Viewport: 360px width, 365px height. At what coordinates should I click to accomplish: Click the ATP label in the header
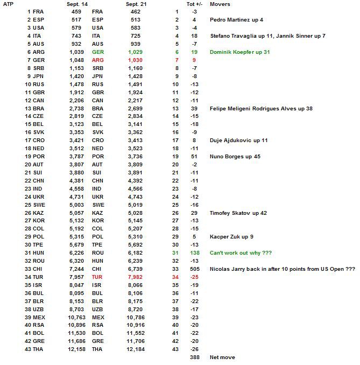click(8, 4)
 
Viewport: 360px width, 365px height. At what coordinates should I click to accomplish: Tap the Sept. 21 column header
click(136, 4)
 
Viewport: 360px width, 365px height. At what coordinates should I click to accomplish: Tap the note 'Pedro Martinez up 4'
click(235, 20)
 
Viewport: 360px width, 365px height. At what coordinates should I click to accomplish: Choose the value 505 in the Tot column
click(195, 269)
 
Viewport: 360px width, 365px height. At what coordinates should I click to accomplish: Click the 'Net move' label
click(222, 357)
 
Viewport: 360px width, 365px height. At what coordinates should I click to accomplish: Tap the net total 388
click(195, 357)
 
